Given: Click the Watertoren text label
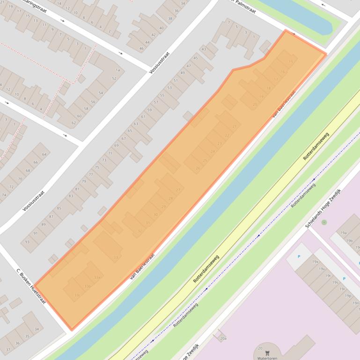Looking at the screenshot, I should (x=268, y=358).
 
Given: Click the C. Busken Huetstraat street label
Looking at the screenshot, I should (x=31, y=287).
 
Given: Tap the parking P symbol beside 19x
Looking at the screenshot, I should (x=299, y=256).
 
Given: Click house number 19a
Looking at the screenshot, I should (x=343, y=232).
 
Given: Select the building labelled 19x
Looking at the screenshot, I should (x=315, y=262).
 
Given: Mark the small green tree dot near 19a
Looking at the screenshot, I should (x=324, y=222).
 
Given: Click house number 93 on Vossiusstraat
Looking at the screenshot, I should (x=28, y=242).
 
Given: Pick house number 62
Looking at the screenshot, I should (x=73, y=123).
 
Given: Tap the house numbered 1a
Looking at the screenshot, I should (x=118, y=70).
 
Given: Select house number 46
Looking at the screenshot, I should (x=141, y=49).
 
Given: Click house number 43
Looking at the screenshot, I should (x=204, y=49).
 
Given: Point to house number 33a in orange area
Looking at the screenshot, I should (x=97, y=277).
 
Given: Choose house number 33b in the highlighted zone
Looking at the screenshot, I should (x=87, y=286).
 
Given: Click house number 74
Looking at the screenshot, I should (x=4, y=194).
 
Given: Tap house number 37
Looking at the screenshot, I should (x=7, y=349).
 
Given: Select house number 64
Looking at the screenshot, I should (x=44, y=154).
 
